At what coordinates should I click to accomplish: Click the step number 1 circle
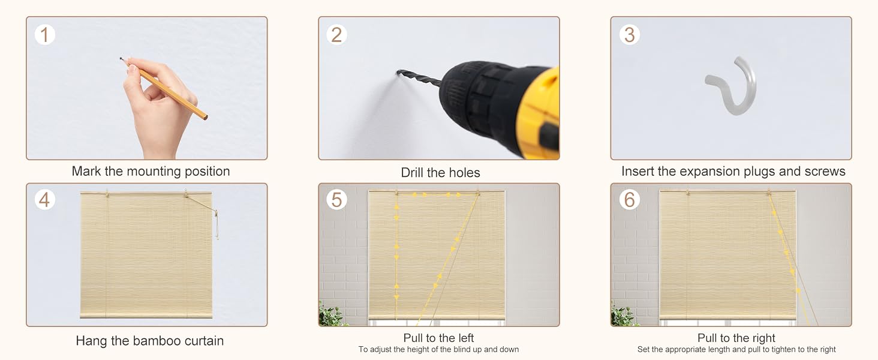click(x=45, y=35)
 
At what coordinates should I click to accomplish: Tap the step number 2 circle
click(x=336, y=35)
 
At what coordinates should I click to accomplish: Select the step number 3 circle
click(x=630, y=35)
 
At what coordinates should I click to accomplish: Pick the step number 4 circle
click(x=45, y=200)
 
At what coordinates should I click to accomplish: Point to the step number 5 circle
click(x=336, y=200)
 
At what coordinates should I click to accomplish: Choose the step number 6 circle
click(x=630, y=200)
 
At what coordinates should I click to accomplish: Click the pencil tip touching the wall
click(x=121, y=59)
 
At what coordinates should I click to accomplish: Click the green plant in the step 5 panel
click(x=332, y=314)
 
